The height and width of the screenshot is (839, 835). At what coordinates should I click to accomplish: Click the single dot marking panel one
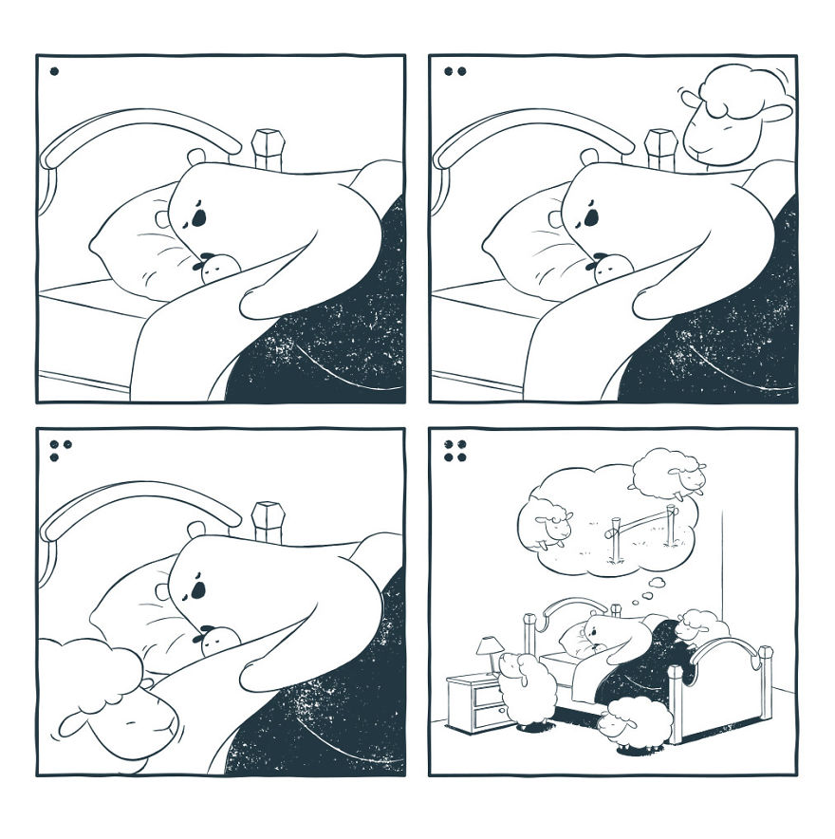tap(54, 70)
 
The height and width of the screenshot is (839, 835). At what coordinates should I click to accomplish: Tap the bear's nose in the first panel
tap(196, 218)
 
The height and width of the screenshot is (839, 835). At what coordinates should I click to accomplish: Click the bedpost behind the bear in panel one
tap(268, 148)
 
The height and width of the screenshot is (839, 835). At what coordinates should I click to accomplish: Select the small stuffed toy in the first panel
tap(215, 270)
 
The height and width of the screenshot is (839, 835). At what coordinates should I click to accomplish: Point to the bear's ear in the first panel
tap(195, 157)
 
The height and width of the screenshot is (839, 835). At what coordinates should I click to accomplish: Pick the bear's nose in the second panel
tap(589, 218)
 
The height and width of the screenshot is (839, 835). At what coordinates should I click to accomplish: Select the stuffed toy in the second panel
tap(608, 270)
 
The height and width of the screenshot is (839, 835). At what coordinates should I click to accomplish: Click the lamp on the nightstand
tap(489, 651)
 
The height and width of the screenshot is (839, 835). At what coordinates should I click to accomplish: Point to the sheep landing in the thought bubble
tap(547, 520)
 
